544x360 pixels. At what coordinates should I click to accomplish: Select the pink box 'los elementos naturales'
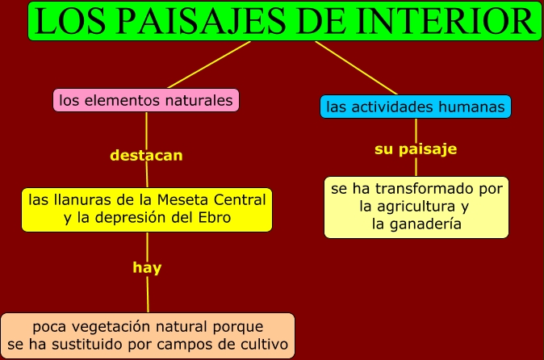tap(146, 101)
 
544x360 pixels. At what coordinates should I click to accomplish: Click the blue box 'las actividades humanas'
tap(416, 107)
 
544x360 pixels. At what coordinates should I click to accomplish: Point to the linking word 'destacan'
tap(146, 155)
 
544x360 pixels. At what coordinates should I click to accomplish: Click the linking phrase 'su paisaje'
tap(416, 149)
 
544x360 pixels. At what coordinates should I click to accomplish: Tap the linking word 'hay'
tap(147, 268)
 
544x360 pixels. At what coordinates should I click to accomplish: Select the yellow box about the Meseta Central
tap(147, 208)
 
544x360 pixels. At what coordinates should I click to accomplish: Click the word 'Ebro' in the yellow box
tap(213, 218)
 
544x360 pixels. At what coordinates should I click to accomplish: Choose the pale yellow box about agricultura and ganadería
tap(416, 207)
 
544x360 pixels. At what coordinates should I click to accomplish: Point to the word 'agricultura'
tap(407, 207)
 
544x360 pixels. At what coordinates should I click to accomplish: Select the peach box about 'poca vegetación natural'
tap(147, 336)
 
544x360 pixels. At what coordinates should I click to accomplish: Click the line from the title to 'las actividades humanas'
tap(356, 67)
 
